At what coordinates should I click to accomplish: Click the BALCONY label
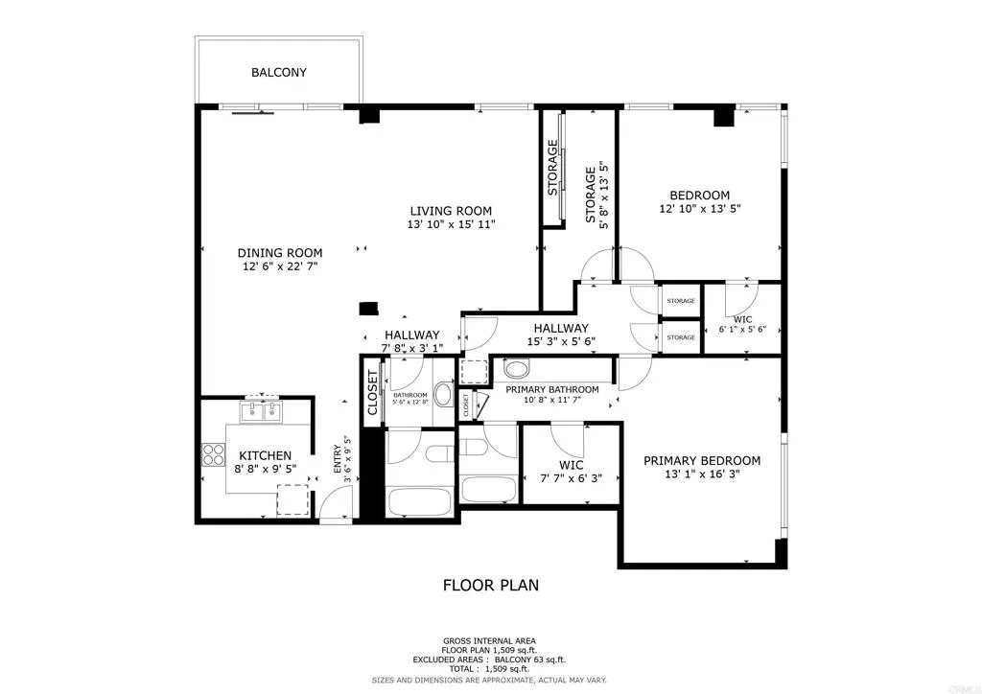click(279, 72)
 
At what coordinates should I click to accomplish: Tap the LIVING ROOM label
click(451, 211)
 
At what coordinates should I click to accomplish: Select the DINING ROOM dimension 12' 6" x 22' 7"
click(278, 267)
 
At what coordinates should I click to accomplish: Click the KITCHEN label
click(265, 455)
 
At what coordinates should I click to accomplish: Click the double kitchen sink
click(259, 412)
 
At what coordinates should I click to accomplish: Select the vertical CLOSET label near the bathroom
click(372, 394)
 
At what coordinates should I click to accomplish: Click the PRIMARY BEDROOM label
click(702, 460)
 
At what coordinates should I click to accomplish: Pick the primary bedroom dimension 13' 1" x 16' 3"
click(702, 474)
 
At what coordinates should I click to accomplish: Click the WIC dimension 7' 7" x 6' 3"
click(571, 478)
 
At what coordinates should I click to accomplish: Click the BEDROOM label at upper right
click(699, 195)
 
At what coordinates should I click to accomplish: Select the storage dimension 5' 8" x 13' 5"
click(604, 196)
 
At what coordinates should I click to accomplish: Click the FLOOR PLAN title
click(490, 584)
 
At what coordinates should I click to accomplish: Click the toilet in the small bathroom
click(443, 393)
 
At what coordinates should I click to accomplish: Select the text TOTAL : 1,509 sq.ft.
click(490, 669)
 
